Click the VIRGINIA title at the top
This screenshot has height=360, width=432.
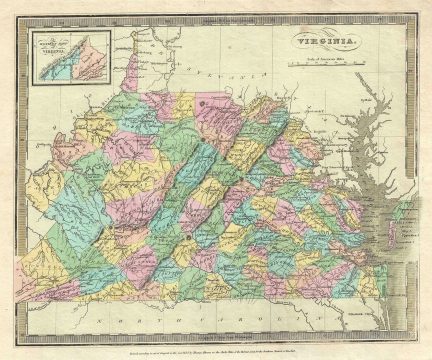(x=317, y=41)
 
